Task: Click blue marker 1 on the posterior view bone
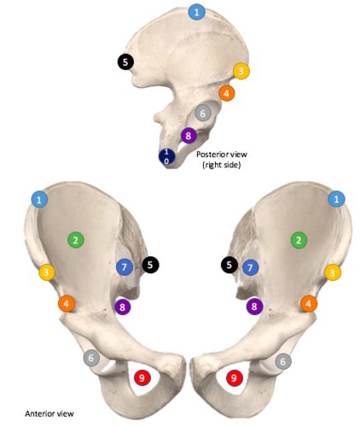pos(197,12)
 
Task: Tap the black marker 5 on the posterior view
pos(125,61)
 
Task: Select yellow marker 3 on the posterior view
pos(241,71)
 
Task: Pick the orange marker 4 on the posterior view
pos(227,93)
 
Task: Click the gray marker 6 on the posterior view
pos(202,113)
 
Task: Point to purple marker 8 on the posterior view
pos(189,135)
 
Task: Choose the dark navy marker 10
pos(167,156)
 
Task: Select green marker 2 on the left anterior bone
pos(75,240)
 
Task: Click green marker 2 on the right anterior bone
pos(298,240)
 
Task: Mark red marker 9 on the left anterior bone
pos(142,377)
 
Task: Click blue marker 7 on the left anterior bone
pos(125,267)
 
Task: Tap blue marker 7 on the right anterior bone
pos(250,267)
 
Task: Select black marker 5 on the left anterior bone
pos(151,266)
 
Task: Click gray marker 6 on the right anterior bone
pos(283,361)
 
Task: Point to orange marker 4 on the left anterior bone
pos(67,303)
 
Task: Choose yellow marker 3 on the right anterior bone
pos(332,272)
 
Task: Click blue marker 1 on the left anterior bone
pos(39,198)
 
